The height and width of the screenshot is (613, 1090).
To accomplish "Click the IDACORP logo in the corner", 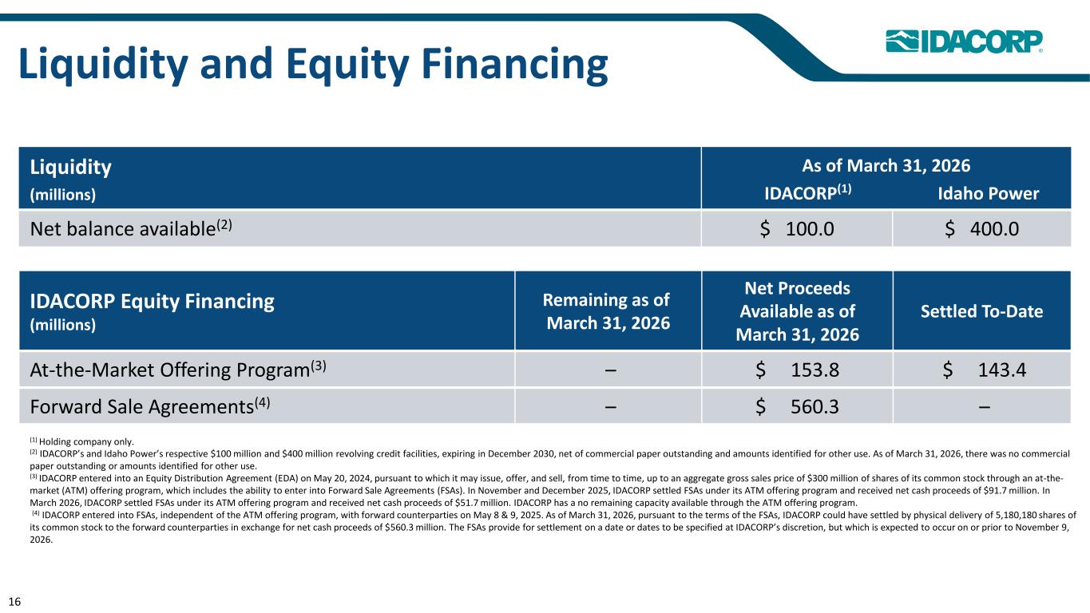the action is click(x=964, y=42).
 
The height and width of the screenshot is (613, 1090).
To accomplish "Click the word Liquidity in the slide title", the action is click(x=103, y=65).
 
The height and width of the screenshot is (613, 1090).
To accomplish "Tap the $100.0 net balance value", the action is click(x=797, y=228).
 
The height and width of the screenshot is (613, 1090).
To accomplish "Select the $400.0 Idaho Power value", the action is click(x=981, y=228).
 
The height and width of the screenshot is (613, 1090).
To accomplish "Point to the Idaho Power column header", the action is click(x=989, y=194).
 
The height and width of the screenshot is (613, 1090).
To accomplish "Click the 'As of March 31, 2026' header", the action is click(x=886, y=166).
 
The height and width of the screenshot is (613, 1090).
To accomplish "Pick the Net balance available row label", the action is click(x=131, y=228).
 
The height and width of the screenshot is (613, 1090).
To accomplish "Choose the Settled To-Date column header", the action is click(x=981, y=311).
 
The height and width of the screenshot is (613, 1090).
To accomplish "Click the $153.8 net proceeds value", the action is click(x=797, y=370).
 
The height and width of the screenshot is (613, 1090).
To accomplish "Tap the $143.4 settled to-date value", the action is click(x=984, y=370).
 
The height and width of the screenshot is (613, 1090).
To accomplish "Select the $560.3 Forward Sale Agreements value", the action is click(x=797, y=406).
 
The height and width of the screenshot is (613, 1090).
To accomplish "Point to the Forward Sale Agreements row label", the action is click(x=150, y=406).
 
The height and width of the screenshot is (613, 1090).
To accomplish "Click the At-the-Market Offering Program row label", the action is click(x=178, y=370).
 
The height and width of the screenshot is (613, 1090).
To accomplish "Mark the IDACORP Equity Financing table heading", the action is click(x=152, y=301).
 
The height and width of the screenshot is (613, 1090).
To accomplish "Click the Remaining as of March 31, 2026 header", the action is click(x=608, y=311).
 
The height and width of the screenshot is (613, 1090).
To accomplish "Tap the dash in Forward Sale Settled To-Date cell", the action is click(x=984, y=407).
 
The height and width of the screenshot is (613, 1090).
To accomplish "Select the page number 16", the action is click(x=14, y=602).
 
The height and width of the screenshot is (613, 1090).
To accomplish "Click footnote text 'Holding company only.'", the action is click(x=86, y=441).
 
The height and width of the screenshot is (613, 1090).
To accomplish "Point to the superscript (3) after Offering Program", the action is click(x=319, y=365).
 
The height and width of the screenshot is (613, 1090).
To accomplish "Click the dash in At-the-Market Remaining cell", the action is click(x=610, y=370).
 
